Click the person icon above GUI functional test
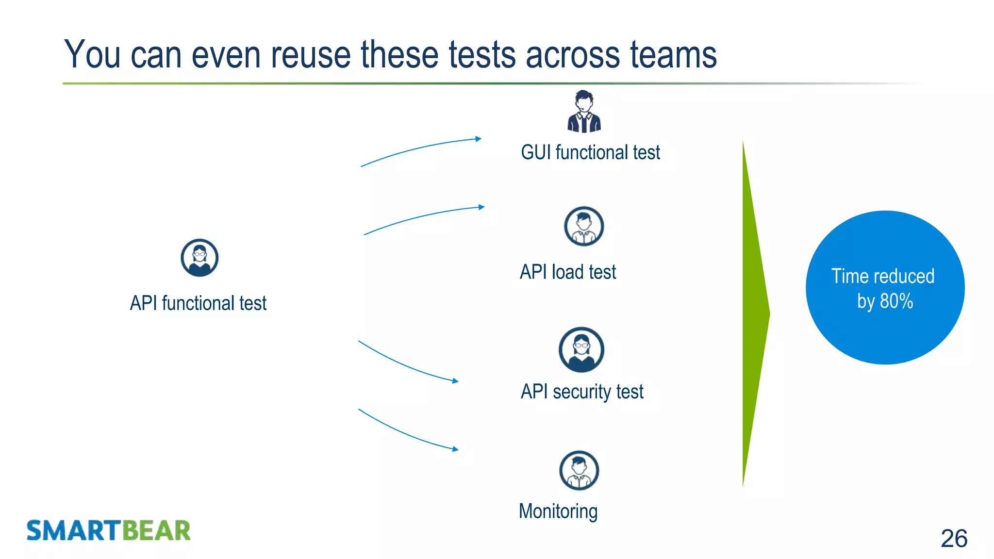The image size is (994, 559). (x=584, y=112)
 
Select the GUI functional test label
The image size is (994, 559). (x=590, y=152)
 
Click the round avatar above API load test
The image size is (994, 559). (x=584, y=226)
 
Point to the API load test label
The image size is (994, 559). (x=568, y=272)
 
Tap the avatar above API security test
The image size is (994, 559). (x=581, y=349)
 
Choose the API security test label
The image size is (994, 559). (x=582, y=392)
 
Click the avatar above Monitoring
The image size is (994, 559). (x=579, y=470)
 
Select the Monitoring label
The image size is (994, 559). (x=558, y=511)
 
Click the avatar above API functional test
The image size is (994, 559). (x=199, y=258)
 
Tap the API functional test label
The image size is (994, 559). (x=198, y=303)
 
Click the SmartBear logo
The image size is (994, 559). (x=108, y=530)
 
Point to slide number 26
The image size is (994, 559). (x=954, y=539)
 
